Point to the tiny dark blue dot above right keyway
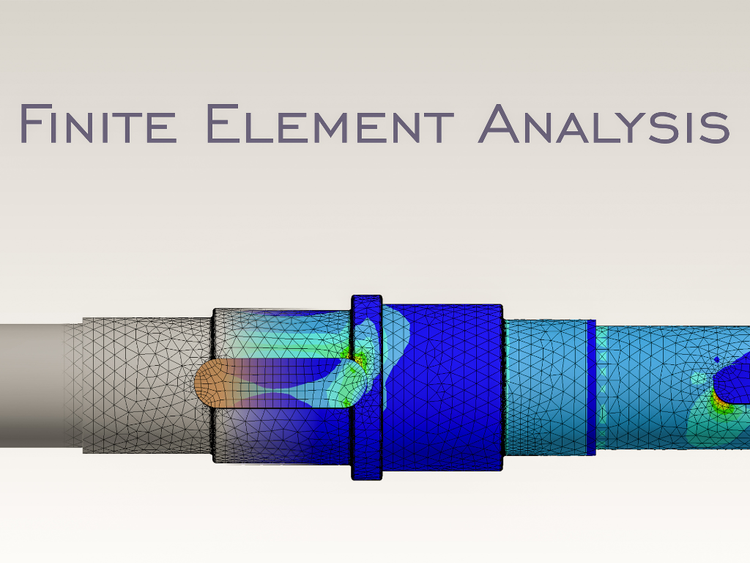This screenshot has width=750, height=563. tap(716, 359)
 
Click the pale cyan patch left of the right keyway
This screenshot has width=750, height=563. tap(699, 380)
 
